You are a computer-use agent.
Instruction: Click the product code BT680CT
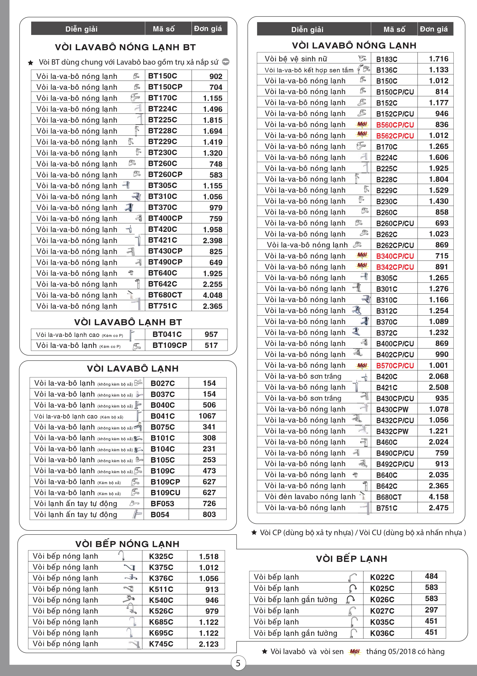(165, 295)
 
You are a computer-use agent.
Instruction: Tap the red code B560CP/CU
(395, 125)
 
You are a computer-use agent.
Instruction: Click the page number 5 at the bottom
(238, 663)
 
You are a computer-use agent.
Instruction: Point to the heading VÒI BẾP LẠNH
(351, 559)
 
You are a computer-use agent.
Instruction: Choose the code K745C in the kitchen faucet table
(161, 644)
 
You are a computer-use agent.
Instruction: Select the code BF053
(162, 503)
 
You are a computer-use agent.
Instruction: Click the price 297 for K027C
(431, 610)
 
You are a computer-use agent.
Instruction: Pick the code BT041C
(167, 334)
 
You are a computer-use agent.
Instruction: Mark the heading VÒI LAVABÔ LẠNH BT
(128, 322)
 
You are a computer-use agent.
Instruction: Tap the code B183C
(386, 59)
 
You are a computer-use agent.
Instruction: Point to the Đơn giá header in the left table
(208, 28)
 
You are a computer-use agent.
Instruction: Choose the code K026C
(382, 600)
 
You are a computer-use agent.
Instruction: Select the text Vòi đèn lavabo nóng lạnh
(310, 497)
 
